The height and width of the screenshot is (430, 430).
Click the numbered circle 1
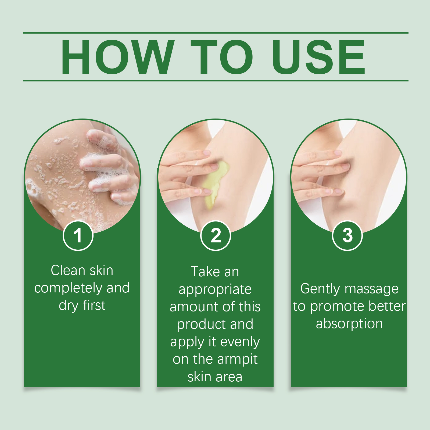point(78,236)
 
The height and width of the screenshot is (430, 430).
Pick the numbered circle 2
point(216,236)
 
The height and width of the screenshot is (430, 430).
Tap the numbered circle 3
point(347,236)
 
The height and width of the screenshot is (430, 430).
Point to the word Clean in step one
point(68,270)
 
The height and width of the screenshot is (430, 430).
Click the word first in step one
point(94,305)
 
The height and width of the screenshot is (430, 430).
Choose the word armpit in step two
point(237,360)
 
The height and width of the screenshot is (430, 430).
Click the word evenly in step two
point(240,342)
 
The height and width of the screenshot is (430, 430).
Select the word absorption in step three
point(349,324)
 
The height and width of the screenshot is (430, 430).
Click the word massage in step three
point(372,289)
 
